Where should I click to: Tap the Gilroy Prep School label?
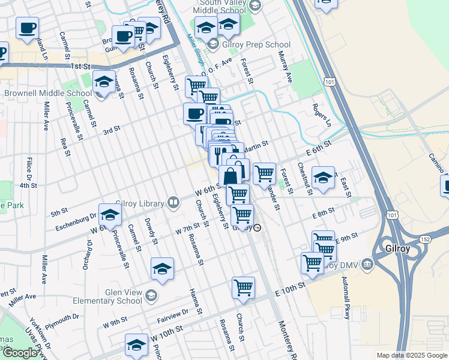pyautogui.click(x=255, y=45)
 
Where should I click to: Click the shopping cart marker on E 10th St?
pyautogui.click(x=243, y=287)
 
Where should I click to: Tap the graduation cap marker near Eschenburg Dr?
pyautogui.click(x=110, y=215)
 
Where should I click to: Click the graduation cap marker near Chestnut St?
pyautogui.click(x=323, y=177)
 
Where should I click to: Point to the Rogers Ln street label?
pyautogui.click(x=321, y=114)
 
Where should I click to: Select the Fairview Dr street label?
pyautogui.click(x=172, y=313)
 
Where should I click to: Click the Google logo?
pyautogui.click(x=20, y=353)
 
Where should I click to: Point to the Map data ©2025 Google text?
pyautogui.click(x=411, y=355)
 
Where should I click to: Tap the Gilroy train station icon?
pyautogui.click(x=258, y=227)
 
